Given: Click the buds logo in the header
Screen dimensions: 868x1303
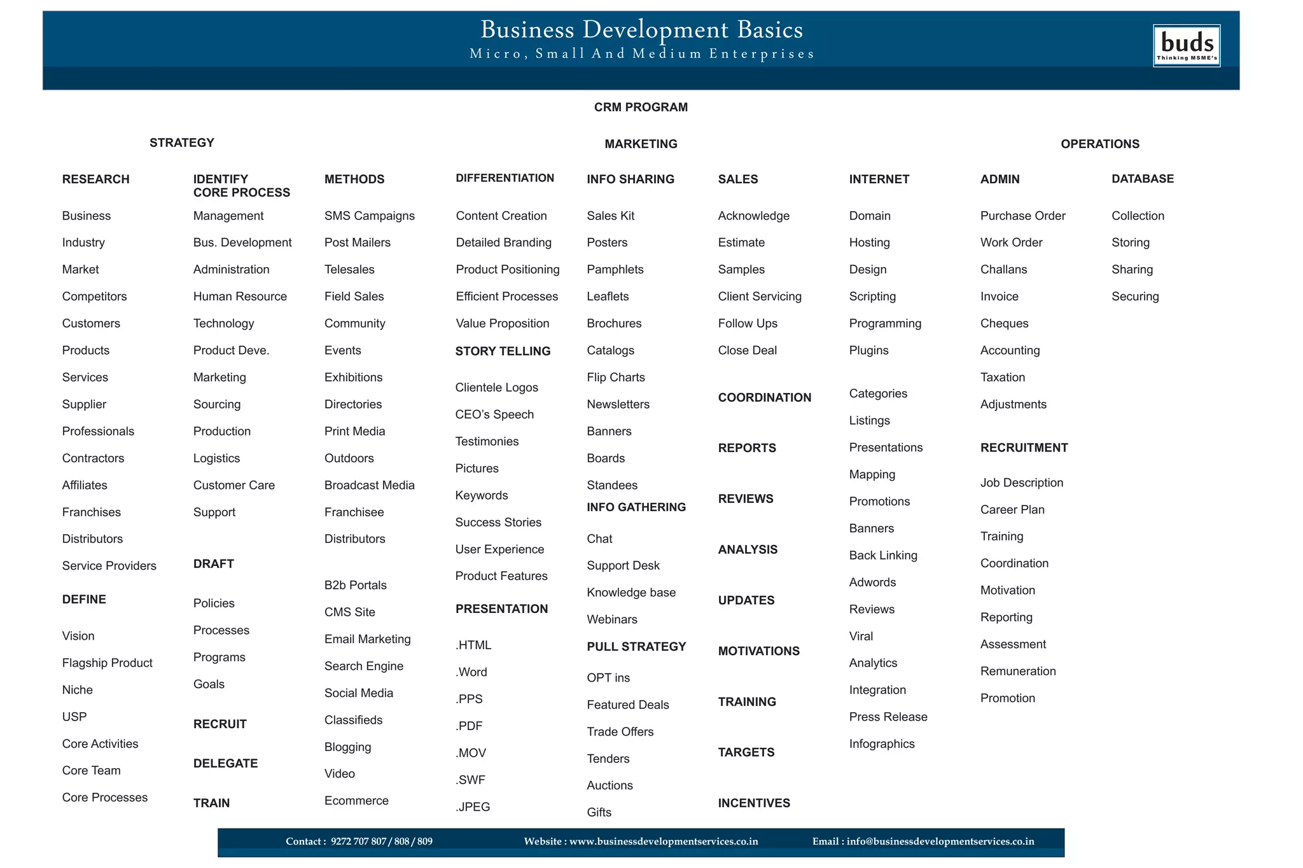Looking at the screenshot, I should (x=1186, y=45).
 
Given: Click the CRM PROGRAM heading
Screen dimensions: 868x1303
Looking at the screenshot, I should (x=641, y=107).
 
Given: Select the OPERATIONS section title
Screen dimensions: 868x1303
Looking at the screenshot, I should (x=1099, y=144).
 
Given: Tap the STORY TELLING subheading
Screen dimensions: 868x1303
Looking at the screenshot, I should (x=503, y=351).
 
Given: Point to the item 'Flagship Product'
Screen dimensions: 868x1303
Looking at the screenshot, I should (x=107, y=663).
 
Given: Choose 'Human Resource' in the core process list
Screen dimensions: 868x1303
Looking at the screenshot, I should (x=240, y=296).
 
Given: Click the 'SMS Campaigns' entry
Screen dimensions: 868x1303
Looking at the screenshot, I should (x=369, y=216).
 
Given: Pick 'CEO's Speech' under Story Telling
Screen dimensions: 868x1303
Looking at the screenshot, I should (x=494, y=415).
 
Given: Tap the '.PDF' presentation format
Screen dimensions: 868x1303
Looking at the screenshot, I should (x=469, y=726).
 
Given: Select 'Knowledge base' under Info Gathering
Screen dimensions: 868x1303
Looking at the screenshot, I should (x=631, y=593).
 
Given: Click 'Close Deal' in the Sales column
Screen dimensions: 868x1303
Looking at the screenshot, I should (x=747, y=350).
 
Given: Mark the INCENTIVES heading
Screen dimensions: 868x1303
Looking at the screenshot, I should (x=754, y=803).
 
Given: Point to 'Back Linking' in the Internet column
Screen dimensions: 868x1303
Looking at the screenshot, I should (x=883, y=555).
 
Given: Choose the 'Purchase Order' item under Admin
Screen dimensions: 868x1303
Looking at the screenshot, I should (x=1022, y=216).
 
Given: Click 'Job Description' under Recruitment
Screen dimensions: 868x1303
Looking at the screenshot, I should (x=1021, y=483).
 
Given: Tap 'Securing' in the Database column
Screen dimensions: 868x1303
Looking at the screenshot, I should (x=1135, y=296).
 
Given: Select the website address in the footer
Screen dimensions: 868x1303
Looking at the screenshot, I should (x=663, y=841).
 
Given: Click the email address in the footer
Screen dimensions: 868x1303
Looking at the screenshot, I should (x=940, y=841).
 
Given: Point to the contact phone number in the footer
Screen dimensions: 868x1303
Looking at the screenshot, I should (x=381, y=841).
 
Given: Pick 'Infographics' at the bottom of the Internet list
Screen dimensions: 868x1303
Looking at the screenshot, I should (x=881, y=744).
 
